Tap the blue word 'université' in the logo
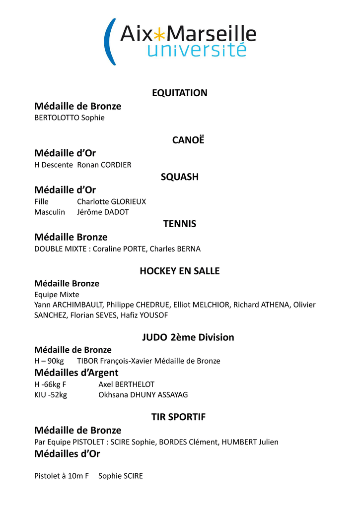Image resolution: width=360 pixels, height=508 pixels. [197, 50]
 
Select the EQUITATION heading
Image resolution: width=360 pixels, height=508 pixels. [180, 93]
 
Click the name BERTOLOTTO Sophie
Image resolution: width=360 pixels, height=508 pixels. [70, 118]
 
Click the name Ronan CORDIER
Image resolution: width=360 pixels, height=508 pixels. [104, 165]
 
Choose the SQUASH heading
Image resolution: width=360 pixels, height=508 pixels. [180, 177]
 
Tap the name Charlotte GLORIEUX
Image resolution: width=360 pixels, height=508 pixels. [112, 201]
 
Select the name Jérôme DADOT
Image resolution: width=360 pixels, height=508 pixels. [103, 212]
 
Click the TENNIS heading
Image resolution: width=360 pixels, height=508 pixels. [180, 224]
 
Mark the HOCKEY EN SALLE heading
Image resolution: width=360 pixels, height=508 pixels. [180, 271]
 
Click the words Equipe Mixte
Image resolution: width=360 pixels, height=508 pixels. [57, 294]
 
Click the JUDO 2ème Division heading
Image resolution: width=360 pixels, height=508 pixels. [188, 337]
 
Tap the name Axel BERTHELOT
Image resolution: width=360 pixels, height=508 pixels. [127, 384]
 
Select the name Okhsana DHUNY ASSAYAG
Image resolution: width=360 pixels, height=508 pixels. [143, 395]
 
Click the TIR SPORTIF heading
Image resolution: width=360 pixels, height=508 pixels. [178, 417]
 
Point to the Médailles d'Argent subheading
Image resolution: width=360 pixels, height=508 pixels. [76, 373]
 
